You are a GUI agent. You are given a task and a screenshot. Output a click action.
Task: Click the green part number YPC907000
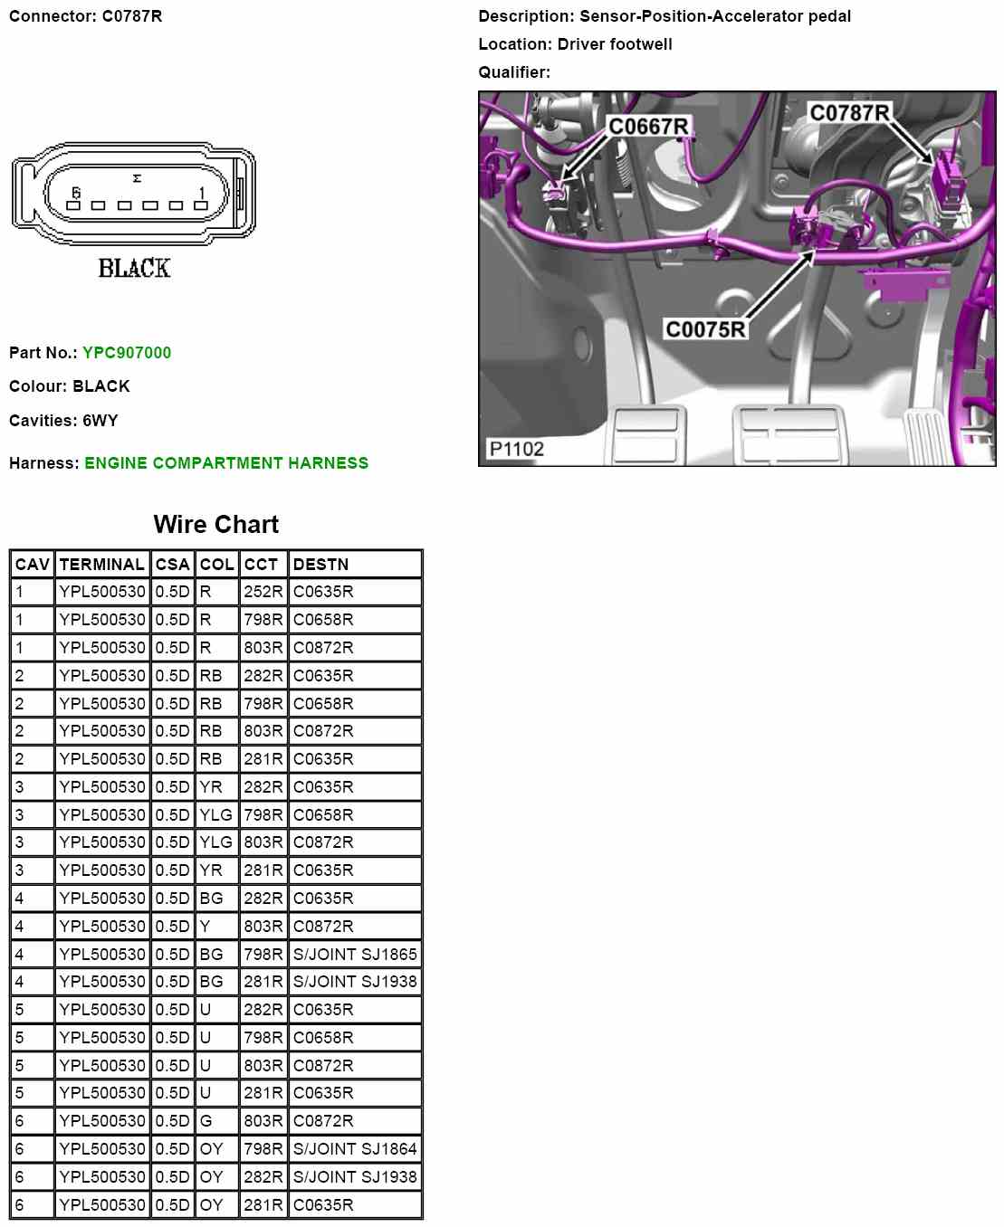point(127,353)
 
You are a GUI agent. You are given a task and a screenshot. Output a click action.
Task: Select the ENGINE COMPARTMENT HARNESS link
point(226,462)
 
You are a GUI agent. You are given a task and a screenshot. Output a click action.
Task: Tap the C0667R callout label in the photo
point(648,127)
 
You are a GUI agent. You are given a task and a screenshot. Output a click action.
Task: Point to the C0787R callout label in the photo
point(849,113)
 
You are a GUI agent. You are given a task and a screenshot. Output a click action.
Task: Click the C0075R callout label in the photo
point(705,329)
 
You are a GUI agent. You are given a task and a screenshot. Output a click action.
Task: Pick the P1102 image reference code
point(517,449)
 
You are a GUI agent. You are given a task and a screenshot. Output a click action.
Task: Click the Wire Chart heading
point(216,524)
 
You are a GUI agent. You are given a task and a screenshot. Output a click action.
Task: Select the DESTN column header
point(320,564)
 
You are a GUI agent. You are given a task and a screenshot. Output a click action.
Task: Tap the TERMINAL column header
point(102,564)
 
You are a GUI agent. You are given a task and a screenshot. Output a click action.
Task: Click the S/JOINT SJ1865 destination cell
point(355,954)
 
